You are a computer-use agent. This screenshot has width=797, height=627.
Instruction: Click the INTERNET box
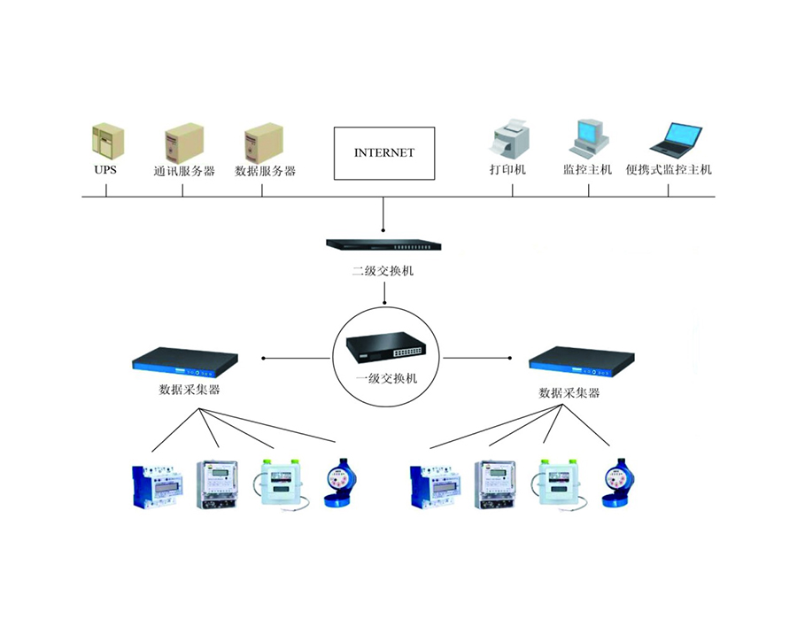coord(383,152)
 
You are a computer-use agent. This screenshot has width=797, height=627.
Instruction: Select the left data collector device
coord(187,360)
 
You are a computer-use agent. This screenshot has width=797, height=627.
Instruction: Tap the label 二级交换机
coord(383,271)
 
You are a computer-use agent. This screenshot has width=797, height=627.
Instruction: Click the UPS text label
coord(105,170)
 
